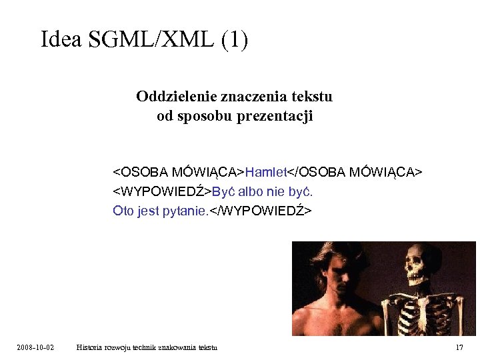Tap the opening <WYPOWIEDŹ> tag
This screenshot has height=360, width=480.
[161, 192]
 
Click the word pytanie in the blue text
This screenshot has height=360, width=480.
[181, 211]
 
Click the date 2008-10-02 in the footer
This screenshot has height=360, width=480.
[36, 347]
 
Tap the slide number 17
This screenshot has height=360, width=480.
[459, 347]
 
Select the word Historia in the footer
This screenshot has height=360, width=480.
[90, 347]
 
